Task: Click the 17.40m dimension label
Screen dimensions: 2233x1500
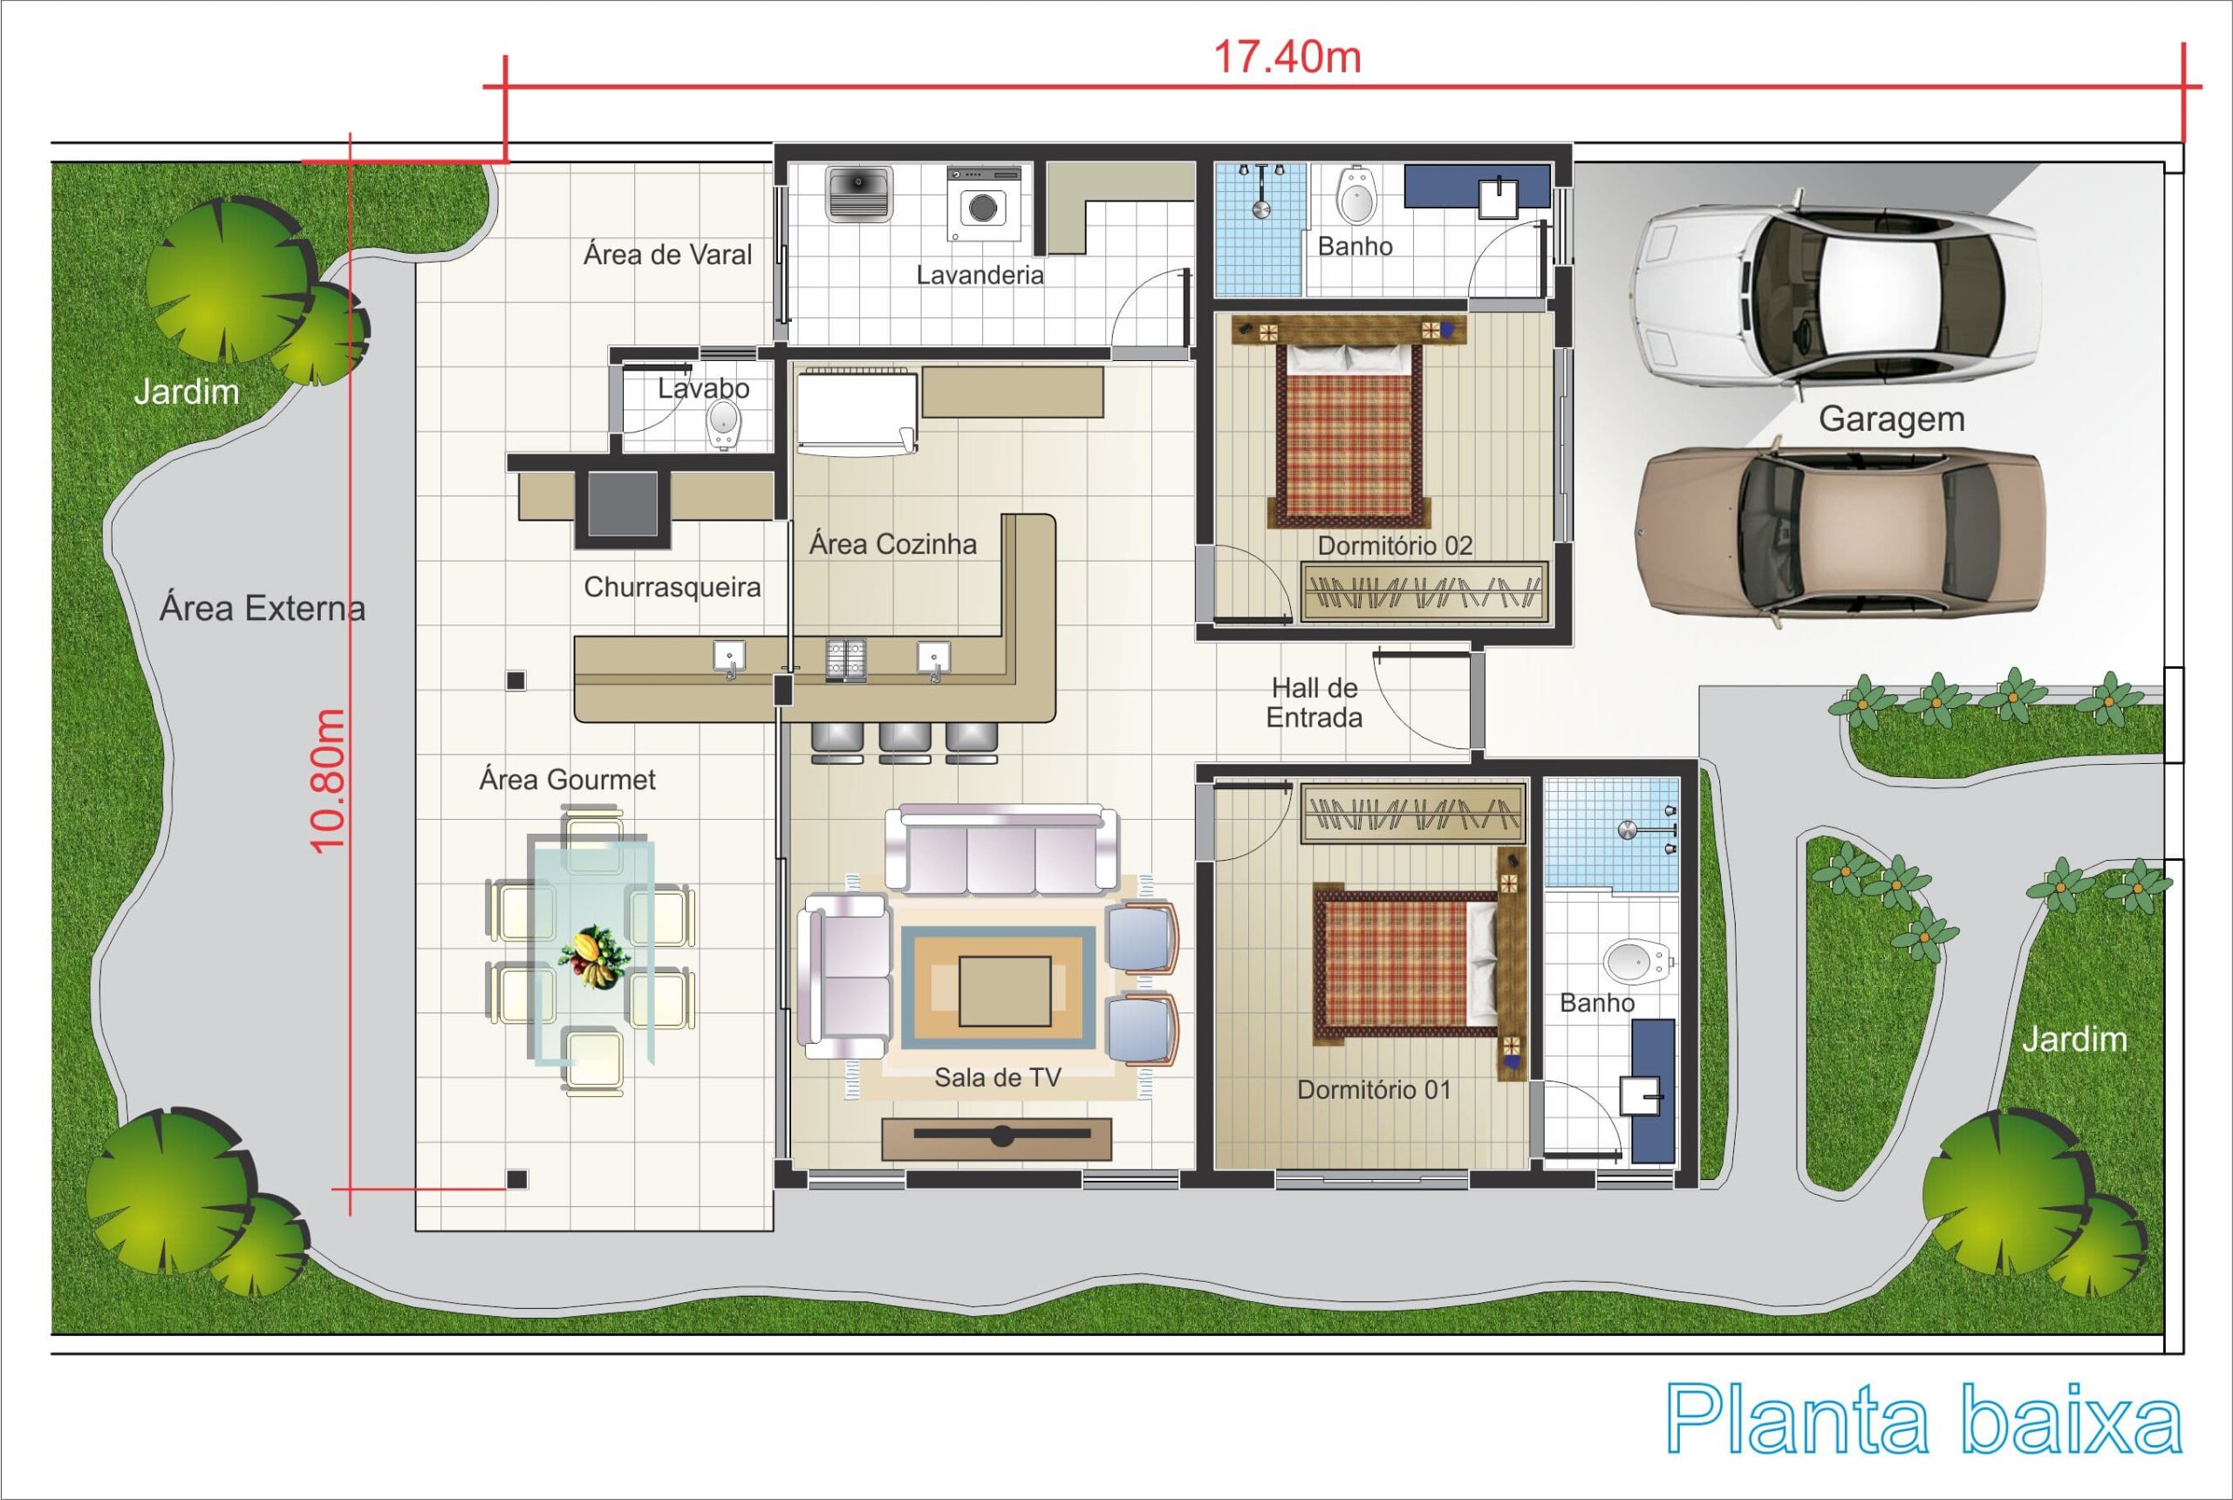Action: (x=1287, y=58)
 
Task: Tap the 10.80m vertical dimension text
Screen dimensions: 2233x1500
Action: (x=327, y=781)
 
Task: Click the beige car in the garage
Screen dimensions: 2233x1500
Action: (x=1840, y=532)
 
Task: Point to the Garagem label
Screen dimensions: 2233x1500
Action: (x=1891, y=419)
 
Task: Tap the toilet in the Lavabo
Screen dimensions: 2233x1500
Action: (x=724, y=423)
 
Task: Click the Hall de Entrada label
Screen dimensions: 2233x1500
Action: (x=1315, y=702)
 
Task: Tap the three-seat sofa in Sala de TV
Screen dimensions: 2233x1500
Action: (x=1000, y=849)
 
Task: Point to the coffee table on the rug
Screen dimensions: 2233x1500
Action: (x=1004, y=991)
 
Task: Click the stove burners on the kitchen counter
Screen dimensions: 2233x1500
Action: (x=845, y=660)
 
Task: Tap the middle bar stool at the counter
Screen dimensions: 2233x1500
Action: (x=905, y=742)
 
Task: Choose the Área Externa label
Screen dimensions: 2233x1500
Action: (x=263, y=609)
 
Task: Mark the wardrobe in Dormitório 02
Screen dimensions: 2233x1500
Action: (x=1423, y=592)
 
